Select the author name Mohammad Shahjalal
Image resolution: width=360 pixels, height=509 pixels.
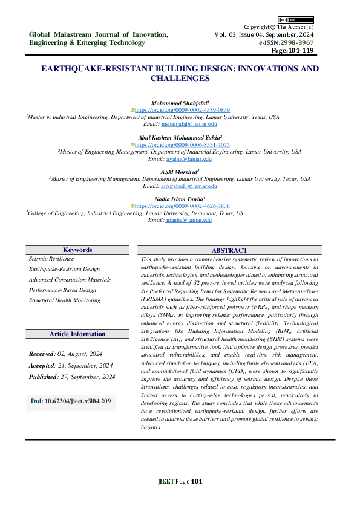click(178, 103)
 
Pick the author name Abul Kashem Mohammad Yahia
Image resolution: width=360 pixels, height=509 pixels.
click(179, 138)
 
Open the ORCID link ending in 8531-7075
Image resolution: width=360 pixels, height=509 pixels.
click(182, 145)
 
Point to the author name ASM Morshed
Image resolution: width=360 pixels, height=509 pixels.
click(180, 172)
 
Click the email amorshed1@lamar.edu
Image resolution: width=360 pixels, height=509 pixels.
click(188, 186)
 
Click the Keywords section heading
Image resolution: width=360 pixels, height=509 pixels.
click(77, 250)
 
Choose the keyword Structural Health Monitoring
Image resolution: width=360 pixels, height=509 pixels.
click(65, 300)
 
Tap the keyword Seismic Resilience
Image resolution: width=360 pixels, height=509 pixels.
click(51, 258)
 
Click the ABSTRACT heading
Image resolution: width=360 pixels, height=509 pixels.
click(229, 250)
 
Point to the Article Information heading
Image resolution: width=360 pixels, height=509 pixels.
click(77, 334)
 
